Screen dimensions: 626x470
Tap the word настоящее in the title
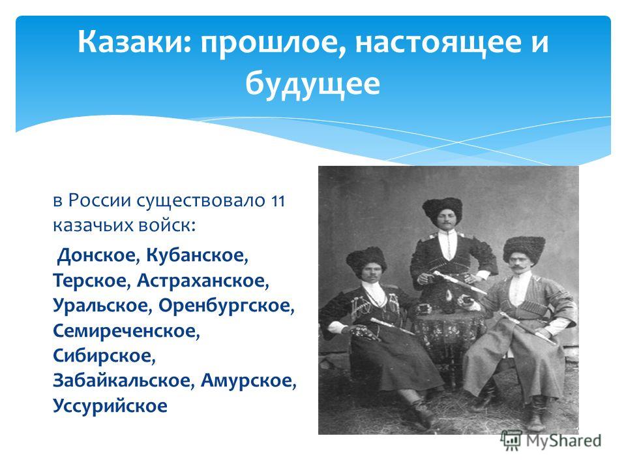(438, 43)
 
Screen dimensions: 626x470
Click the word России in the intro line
(99, 200)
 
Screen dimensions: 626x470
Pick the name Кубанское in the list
(197, 255)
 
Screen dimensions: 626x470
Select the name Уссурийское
(110, 405)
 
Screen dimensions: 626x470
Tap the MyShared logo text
(563, 441)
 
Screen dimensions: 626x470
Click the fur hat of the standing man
(442, 209)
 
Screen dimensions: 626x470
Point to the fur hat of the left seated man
(366, 260)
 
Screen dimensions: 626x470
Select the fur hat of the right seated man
(524, 248)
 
